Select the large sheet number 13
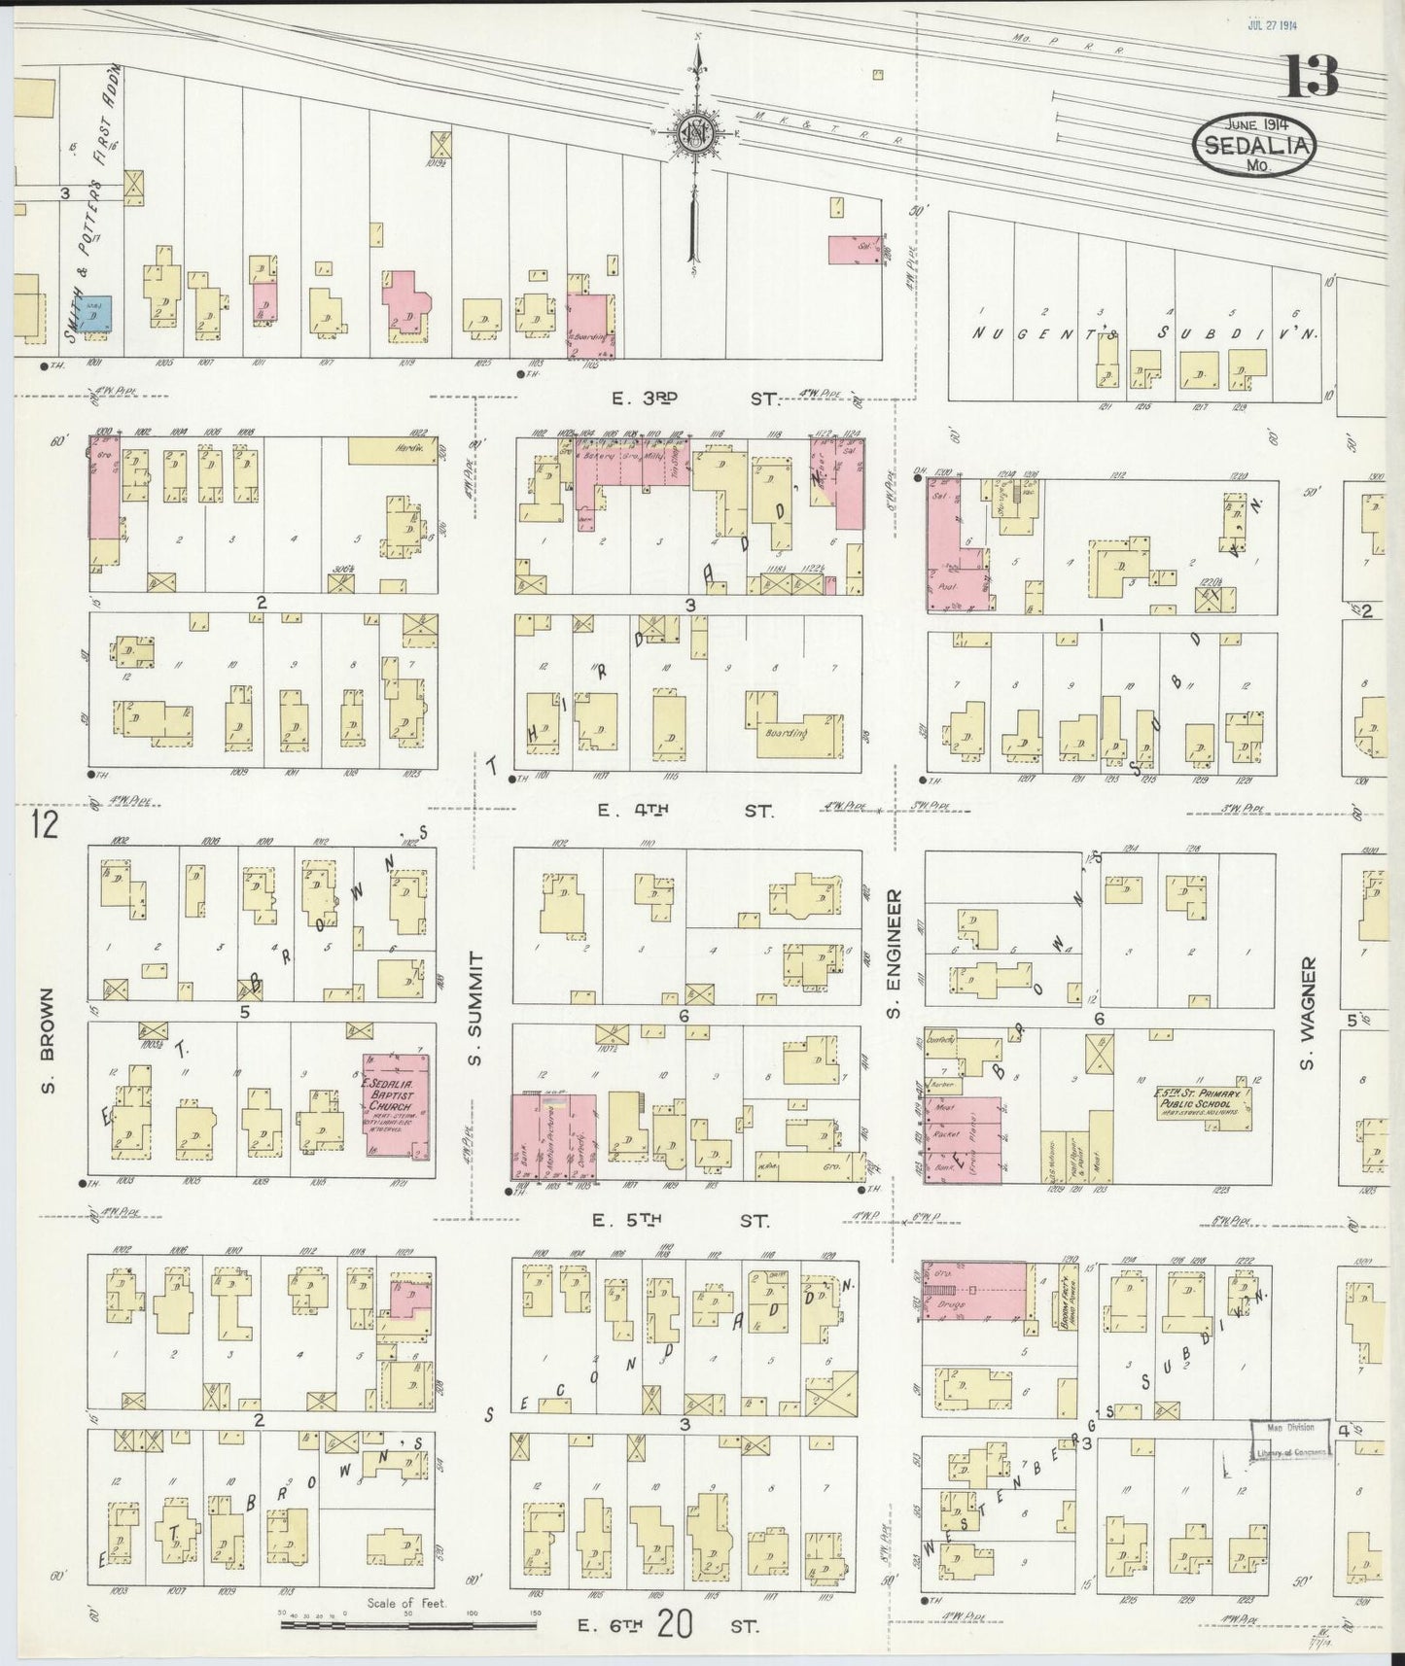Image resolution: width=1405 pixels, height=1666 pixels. tap(1312, 77)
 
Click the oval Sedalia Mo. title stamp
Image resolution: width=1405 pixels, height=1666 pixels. tap(1255, 145)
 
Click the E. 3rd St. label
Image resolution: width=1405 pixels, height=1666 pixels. tap(690, 398)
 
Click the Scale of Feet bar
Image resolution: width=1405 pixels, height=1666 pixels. tap(408, 1624)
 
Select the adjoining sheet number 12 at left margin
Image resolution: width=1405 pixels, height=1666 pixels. tap(45, 826)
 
